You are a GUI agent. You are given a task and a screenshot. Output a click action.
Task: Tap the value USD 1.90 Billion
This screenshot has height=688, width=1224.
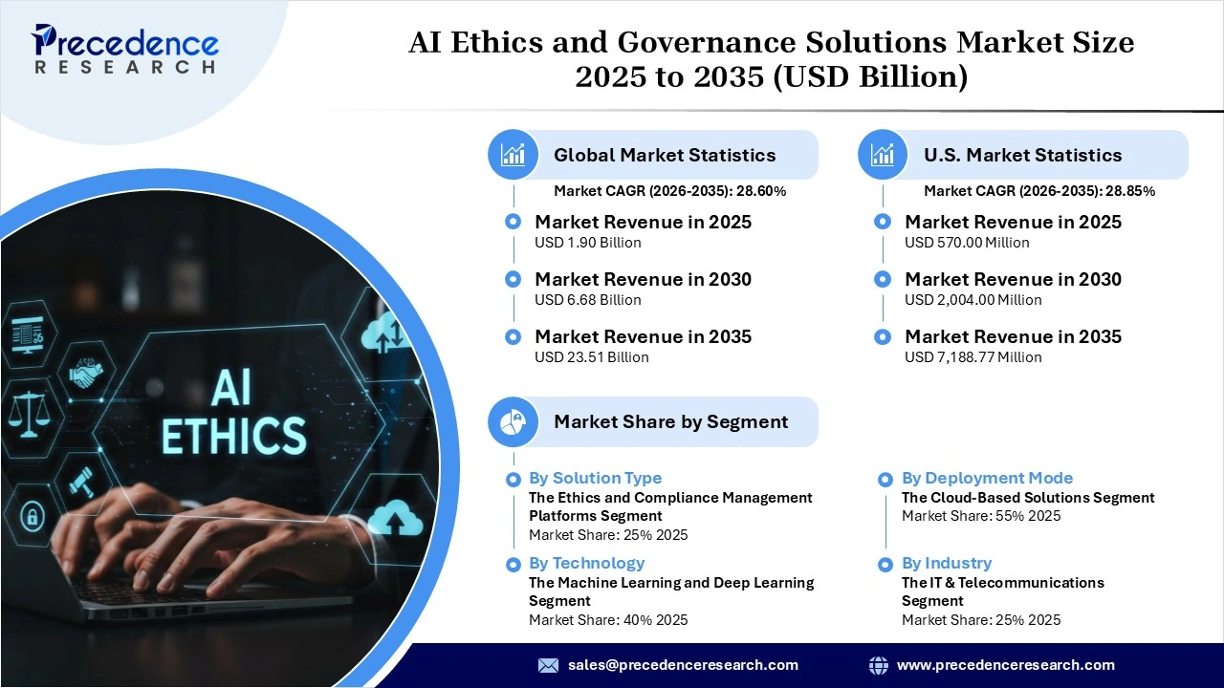point(587,243)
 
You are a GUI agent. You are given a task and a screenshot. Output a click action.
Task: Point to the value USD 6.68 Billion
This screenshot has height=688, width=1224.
point(587,300)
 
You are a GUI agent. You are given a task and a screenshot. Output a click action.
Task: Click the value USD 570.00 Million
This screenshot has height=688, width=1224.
point(967,243)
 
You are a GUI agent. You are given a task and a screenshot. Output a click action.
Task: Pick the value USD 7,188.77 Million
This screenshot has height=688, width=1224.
point(973,357)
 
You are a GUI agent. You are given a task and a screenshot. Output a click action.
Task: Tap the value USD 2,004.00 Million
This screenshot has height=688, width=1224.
point(973,300)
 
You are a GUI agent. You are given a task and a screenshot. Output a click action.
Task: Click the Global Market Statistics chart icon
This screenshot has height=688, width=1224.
point(514,155)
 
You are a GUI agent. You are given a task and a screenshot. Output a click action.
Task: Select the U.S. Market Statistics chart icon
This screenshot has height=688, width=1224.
point(884,155)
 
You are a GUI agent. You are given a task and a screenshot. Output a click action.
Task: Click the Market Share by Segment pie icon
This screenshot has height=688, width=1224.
point(514,421)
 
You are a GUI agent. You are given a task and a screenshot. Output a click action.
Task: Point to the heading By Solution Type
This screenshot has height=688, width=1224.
point(595,478)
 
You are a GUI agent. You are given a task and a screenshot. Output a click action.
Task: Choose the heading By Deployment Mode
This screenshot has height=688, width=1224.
point(987,478)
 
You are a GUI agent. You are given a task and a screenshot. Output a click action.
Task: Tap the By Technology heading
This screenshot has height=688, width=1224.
point(586,563)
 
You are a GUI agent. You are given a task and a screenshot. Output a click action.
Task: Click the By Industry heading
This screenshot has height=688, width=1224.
point(946,563)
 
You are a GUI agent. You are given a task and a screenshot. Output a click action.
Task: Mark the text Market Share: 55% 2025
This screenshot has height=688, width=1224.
point(980,516)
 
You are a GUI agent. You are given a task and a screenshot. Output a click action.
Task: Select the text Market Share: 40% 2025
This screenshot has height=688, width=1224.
point(607,620)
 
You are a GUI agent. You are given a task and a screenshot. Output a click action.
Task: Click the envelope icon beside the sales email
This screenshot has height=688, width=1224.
point(548,665)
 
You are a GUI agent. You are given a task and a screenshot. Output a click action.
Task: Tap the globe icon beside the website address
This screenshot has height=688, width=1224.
point(878,665)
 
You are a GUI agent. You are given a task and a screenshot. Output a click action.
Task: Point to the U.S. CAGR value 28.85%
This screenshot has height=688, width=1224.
point(1129,191)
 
